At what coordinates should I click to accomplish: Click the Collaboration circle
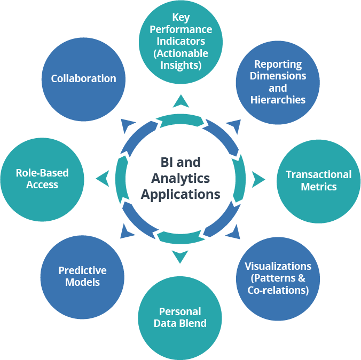(83, 79)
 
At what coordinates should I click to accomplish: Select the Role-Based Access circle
(42, 179)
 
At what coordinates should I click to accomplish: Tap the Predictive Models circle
(82, 276)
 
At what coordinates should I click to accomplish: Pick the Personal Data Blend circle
(180, 317)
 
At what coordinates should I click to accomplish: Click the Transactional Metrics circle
(318, 180)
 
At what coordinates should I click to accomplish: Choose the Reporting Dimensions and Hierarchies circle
(278, 82)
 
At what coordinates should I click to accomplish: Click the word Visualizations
(278, 266)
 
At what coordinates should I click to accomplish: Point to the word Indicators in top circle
(181, 42)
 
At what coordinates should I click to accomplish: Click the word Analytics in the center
(180, 178)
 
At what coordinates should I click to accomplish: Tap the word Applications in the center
(180, 194)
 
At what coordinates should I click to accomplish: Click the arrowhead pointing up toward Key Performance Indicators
(180, 100)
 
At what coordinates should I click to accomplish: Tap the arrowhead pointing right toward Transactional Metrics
(259, 179)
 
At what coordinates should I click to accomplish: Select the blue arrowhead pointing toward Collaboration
(128, 126)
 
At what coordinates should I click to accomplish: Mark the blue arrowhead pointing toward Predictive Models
(127, 231)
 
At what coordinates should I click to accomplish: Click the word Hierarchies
(278, 100)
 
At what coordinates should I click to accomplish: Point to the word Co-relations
(278, 290)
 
